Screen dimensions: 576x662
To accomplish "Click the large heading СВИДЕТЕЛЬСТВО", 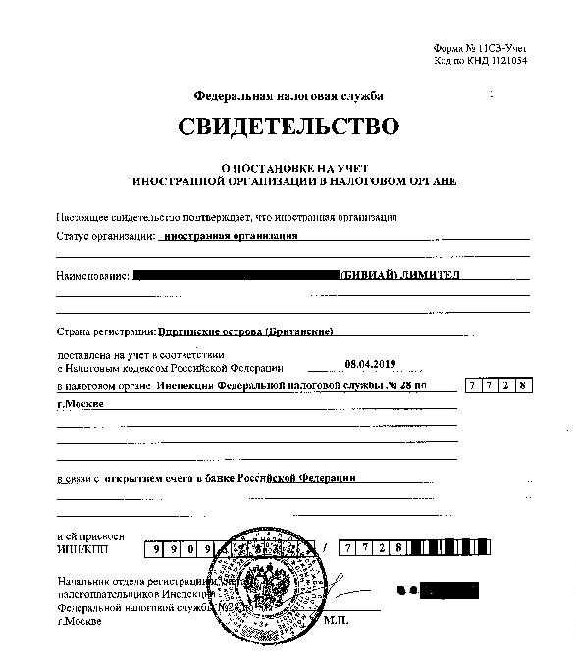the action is tap(289, 127).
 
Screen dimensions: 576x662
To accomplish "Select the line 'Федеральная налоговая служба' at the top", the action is tap(288, 96).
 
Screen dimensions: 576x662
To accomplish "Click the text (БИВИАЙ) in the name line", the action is tap(368, 275).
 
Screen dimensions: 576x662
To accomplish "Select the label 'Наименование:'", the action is tap(93, 276).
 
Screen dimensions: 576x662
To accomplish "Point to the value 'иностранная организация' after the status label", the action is tap(230, 236).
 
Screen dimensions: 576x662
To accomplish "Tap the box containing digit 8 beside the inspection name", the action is tap(524, 385).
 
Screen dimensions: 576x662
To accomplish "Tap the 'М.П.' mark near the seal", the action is tap(364, 619).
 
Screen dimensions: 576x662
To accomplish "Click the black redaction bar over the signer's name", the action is tap(447, 590).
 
